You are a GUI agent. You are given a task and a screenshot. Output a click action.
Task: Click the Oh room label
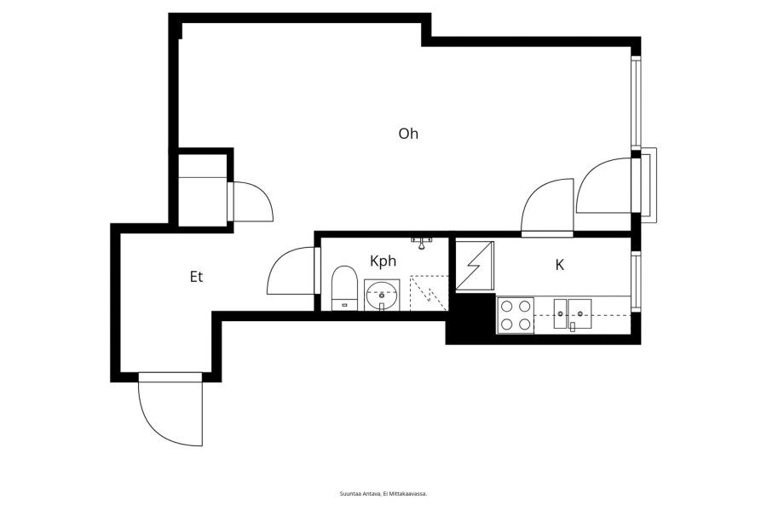408,134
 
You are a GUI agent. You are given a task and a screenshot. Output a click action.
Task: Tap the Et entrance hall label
196,277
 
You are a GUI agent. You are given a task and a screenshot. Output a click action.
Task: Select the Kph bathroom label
383,261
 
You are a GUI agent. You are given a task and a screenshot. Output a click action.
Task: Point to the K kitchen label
560,265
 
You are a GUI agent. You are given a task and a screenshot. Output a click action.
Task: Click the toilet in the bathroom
344,288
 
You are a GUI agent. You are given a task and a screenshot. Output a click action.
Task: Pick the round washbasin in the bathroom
382,296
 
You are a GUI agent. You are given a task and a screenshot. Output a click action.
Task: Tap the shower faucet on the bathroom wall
422,242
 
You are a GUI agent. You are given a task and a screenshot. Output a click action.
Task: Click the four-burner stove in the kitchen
516,315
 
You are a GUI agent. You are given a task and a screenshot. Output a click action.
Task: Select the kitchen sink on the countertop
573,314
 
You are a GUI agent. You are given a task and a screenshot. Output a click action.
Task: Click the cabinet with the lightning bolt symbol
475,266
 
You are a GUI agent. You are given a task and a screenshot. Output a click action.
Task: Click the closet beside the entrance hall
203,190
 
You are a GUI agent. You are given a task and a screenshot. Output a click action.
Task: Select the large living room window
636,103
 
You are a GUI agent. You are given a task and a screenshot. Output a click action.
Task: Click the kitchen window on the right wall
636,281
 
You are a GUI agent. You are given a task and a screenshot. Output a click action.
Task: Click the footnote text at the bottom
383,494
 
